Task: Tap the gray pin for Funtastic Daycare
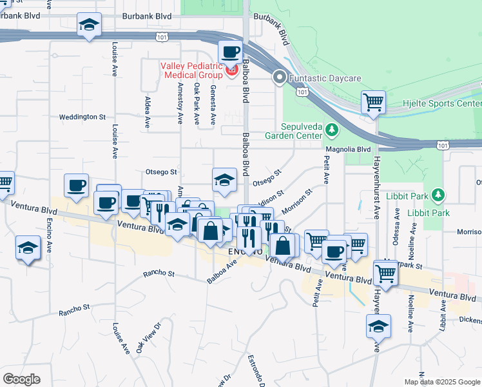click(280, 78)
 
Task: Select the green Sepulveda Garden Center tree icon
click(331, 130)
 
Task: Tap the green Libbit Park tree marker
click(438, 195)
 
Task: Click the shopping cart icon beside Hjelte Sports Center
click(373, 102)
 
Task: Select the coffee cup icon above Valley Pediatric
click(231, 51)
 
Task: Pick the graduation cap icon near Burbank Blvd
click(89, 26)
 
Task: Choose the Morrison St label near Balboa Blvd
click(296, 201)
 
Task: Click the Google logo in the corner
click(21, 379)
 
